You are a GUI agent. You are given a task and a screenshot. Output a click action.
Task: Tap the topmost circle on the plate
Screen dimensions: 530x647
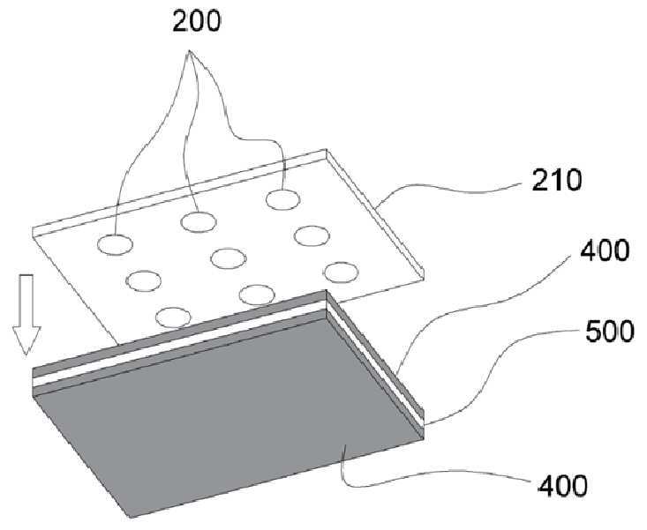[282, 199]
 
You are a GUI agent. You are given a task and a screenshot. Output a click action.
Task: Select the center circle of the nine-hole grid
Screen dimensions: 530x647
[228, 258]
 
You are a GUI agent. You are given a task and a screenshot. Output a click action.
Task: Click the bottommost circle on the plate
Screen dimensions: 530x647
[173, 316]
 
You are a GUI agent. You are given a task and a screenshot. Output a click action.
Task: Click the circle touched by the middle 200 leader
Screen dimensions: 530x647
[199, 220]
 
